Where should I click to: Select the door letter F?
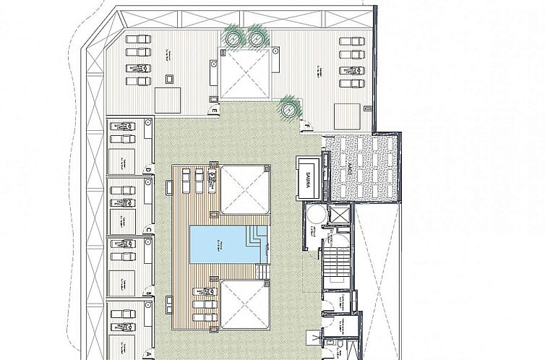(x=307, y=127)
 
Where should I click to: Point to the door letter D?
(x=147, y=171)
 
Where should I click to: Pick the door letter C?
(x=147, y=231)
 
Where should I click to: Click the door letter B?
(x=147, y=293)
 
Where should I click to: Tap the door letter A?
(x=147, y=354)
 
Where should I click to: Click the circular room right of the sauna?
(x=312, y=215)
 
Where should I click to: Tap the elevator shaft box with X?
(x=338, y=215)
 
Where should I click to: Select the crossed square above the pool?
(x=244, y=190)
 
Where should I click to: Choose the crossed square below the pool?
(x=244, y=305)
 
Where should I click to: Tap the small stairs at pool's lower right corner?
(x=264, y=272)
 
